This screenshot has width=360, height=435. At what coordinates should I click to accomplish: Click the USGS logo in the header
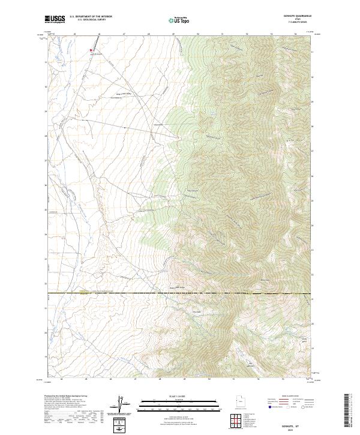[55, 20]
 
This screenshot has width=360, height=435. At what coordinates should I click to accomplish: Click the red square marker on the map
[91, 50]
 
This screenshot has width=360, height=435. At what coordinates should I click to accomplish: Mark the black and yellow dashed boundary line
[180, 293]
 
